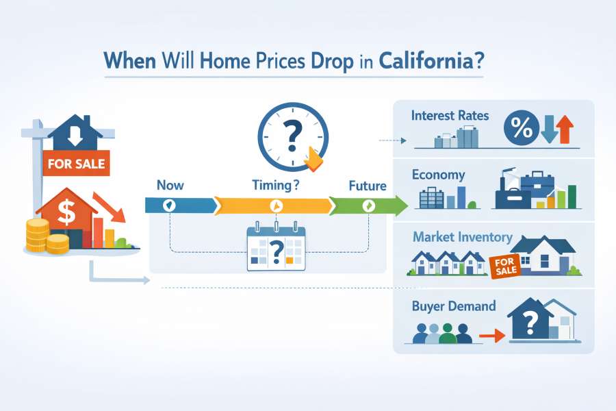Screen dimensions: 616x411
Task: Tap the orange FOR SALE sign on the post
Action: tap(76, 163)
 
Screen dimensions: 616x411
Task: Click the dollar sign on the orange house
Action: tap(66, 212)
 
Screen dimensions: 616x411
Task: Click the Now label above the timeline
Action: tap(170, 185)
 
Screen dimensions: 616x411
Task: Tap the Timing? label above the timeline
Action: tap(276, 185)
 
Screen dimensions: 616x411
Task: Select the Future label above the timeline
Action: tap(368, 186)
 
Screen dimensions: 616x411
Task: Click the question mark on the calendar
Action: tap(277, 252)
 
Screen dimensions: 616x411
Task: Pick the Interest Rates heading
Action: tap(450, 115)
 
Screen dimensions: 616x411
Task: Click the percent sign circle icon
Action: tap(522, 128)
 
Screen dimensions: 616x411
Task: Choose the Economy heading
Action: tap(438, 175)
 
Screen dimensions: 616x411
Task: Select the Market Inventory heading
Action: tap(463, 237)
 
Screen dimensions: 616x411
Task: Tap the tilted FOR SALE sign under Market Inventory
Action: tap(505, 266)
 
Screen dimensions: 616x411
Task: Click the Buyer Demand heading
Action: tap(454, 306)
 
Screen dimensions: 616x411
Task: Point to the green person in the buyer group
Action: tap(447, 334)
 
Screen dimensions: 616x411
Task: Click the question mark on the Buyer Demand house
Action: tap(530, 322)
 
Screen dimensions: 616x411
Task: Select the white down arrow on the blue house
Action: tap(75, 136)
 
